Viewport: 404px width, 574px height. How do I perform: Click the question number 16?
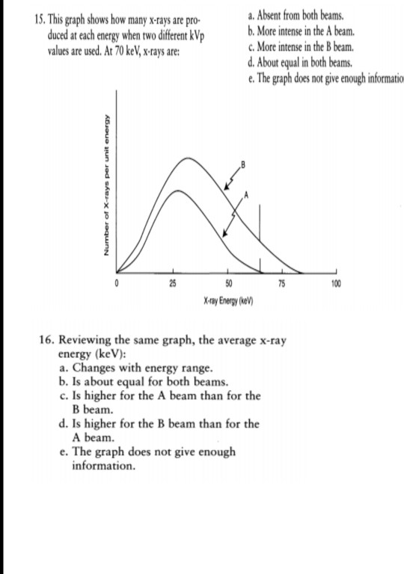pos(46,341)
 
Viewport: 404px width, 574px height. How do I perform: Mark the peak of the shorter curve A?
pos(177,191)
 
